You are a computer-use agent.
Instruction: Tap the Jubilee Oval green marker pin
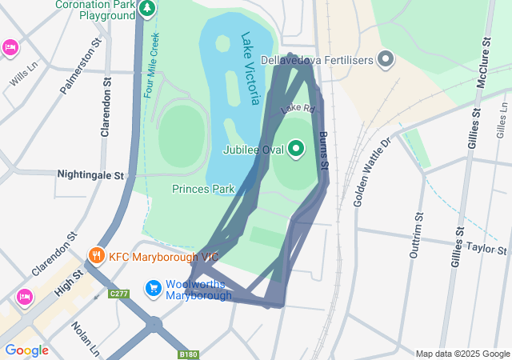[x=296, y=148]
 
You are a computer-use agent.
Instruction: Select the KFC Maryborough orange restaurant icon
[x=96, y=256]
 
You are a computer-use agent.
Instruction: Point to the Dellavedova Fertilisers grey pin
[x=386, y=60]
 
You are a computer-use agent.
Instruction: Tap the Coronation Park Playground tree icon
[x=146, y=9]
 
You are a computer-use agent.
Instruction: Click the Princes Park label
[x=203, y=189]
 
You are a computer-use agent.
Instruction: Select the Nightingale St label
[x=92, y=174]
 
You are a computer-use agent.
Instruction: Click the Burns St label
[x=324, y=151]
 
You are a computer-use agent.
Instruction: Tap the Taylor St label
[x=487, y=250]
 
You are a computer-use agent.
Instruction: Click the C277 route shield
[x=119, y=294]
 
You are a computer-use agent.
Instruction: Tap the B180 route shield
[x=188, y=354]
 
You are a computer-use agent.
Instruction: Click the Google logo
[x=26, y=350]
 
